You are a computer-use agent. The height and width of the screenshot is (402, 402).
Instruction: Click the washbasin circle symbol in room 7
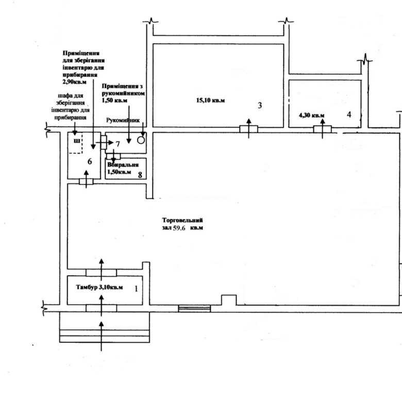pyautogui.click(x=141, y=140)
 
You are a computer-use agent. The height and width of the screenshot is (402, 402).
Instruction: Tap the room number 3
pyautogui.click(x=260, y=105)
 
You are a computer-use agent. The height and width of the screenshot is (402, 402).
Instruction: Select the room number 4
pyautogui.click(x=349, y=114)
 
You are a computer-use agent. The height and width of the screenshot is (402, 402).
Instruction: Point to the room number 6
pyautogui.click(x=90, y=161)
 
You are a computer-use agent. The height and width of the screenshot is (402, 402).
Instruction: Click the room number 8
pyautogui.click(x=140, y=175)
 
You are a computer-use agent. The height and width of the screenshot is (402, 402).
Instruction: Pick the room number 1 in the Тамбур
pyautogui.click(x=136, y=289)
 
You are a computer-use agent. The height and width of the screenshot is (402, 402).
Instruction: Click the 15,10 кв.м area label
pyautogui.click(x=210, y=100)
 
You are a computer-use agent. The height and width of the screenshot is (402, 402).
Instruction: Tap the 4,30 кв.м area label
pyautogui.click(x=311, y=115)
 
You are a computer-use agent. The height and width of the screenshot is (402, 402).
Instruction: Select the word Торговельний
pyautogui.click(x=182, y=220)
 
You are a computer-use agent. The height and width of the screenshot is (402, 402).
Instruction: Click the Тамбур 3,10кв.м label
pyautogui.click(x=99, y=287)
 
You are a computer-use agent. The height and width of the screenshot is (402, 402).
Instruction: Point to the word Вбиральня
pyautogui.click(x=123, y=165)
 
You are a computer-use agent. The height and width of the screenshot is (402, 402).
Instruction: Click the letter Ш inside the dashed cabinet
pyautogui.click(x=77, y=141)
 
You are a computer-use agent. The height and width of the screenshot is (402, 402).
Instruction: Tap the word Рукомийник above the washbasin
pyautogui.click(x=123, y=120)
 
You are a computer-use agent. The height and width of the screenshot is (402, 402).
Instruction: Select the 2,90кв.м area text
pyautogui.click(x=75, y=82)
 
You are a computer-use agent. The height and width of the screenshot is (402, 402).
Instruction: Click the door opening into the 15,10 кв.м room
pyautogui.click(x=249, y=129)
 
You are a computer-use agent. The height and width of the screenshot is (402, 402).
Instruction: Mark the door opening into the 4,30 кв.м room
pyautogui.click(x=322, y=129)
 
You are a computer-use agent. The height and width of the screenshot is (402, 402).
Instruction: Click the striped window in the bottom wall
pyautogui.click(x=194, y=308)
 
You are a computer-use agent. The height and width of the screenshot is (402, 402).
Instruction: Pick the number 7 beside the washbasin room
pyautogui.click(x=118, y=144)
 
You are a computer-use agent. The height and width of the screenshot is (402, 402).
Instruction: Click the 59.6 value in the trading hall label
pyautogui.click(x=179, y=228)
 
